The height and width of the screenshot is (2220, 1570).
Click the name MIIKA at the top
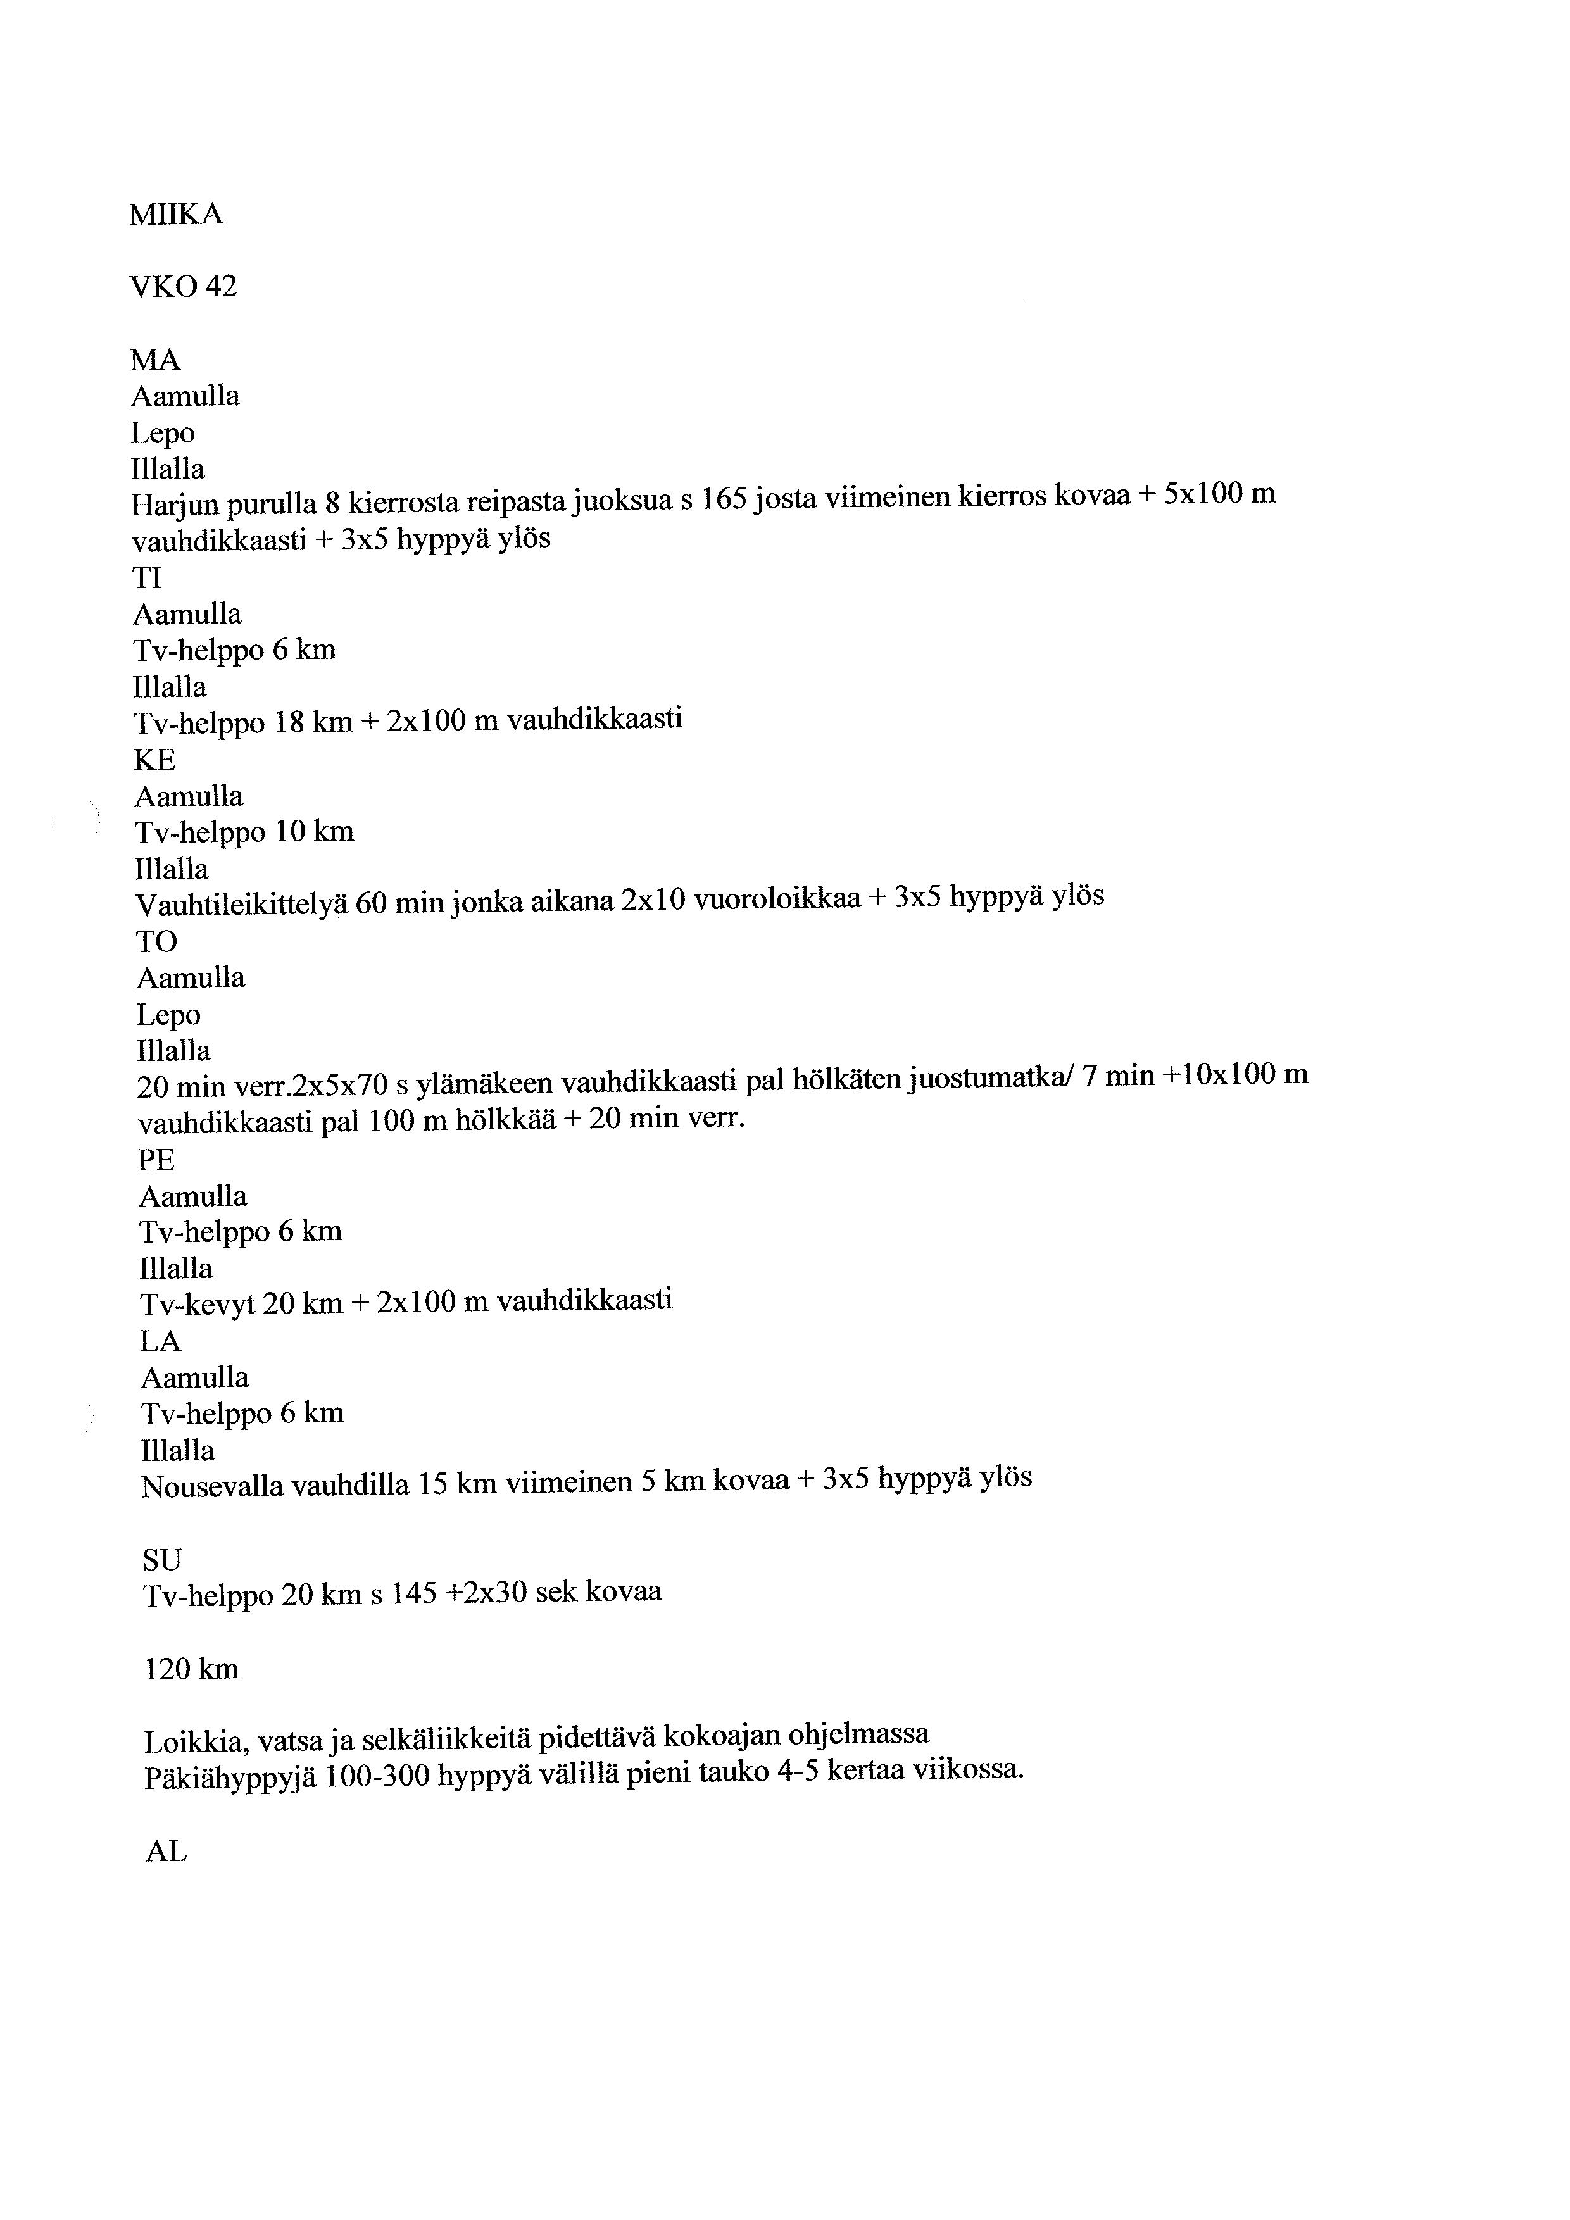coord(176,214)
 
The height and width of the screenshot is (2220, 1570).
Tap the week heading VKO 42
coord(183,286)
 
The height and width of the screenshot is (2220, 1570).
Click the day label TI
coord(147,578)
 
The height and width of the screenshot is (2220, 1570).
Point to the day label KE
coord(154,760)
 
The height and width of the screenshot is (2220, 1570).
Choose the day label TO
coord(156,942)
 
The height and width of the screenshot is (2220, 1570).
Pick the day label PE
coord(156,1160)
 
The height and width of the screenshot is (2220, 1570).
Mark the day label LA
coord(160,1342)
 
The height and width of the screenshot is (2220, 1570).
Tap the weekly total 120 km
coord(191,1669)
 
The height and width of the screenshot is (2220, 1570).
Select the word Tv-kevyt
coord(198,1305)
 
